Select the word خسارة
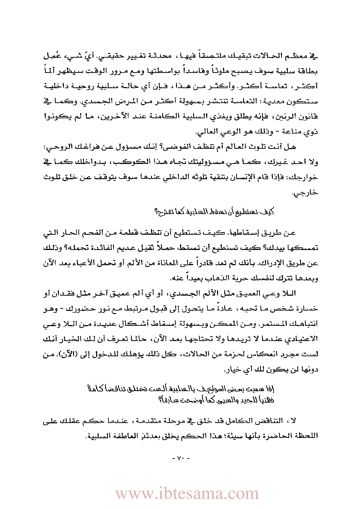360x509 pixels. pyautogui.click(x=308, y=309)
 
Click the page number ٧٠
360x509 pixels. pyautogui.click(x=180, y=459)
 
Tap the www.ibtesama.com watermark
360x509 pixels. pyautogui.click(x=187, y=494)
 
